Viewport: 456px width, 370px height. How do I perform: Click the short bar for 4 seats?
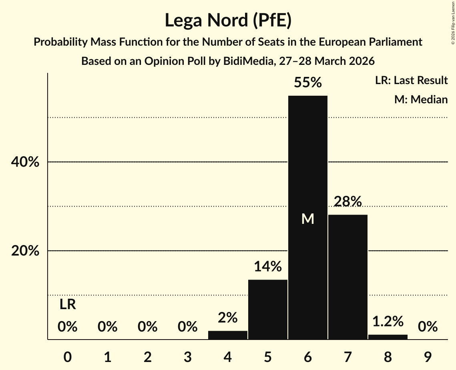228,335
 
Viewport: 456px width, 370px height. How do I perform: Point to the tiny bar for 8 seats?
388,337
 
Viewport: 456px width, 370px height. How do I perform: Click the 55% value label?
308,82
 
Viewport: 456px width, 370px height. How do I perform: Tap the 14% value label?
268,266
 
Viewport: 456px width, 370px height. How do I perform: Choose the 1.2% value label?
388,321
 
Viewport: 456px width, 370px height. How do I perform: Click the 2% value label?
228,318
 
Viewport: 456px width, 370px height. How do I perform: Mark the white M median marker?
308,219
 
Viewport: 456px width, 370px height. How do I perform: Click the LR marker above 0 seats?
68,305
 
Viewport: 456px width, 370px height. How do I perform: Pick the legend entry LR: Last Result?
412,80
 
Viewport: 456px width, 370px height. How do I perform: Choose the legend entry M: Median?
421,99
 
